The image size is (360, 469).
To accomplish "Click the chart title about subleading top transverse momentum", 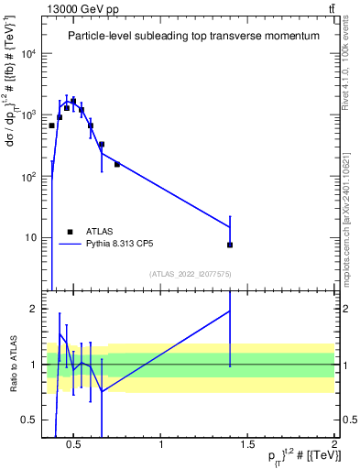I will pyautogui.click(x=193, y=36).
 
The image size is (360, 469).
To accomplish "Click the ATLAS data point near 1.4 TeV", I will pyautogui.click(x=230, y=245).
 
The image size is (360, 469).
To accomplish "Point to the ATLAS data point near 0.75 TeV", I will pyautogui.click(x=117, y=165).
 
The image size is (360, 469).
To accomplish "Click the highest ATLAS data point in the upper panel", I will pyautogui.click(x=73, y=101).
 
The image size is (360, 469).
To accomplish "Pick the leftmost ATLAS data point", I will pyautogui.click(x=52, y=125).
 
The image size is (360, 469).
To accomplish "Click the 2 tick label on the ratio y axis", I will pyautogui.click(x=34, y=309).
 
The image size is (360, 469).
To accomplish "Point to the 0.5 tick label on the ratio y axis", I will pyautogui.click(x=30, y=420).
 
